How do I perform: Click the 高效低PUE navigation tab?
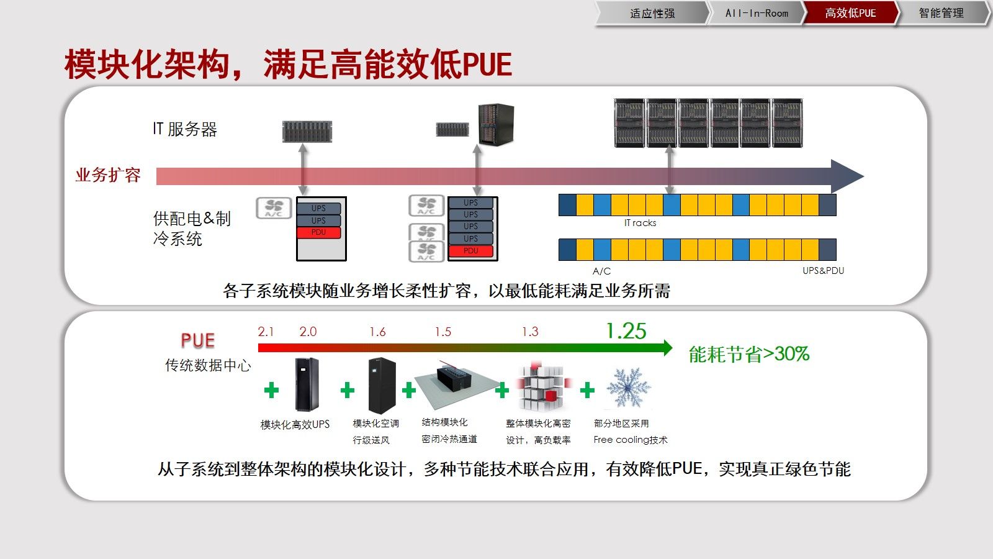(x=850, y=13)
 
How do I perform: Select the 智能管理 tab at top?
(x=941, y=13)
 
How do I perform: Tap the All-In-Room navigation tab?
(x=757, y=13)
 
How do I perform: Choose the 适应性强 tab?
(x=652, y=13)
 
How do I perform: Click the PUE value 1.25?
(x=626, y=331)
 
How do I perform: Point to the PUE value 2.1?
(x=266, y=332)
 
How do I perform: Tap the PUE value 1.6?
(x=377, y=332)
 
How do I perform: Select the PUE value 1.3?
(x=530, y=332)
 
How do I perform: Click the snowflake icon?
(x=628, y=388)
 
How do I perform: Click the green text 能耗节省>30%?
(x=749, y=354)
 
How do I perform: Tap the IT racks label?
(x=640, y=223)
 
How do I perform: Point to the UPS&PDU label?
(x=823, y=271)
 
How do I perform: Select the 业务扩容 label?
(x=108, y=175)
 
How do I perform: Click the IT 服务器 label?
(x=185, y=129)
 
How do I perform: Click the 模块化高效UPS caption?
(x=295, y=425)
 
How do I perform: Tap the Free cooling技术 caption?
(x=630, y=440)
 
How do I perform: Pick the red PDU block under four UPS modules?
(x=471, y=251)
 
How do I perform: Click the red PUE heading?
(x=197, y=340)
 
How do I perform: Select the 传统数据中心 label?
(x=208, y=365)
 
